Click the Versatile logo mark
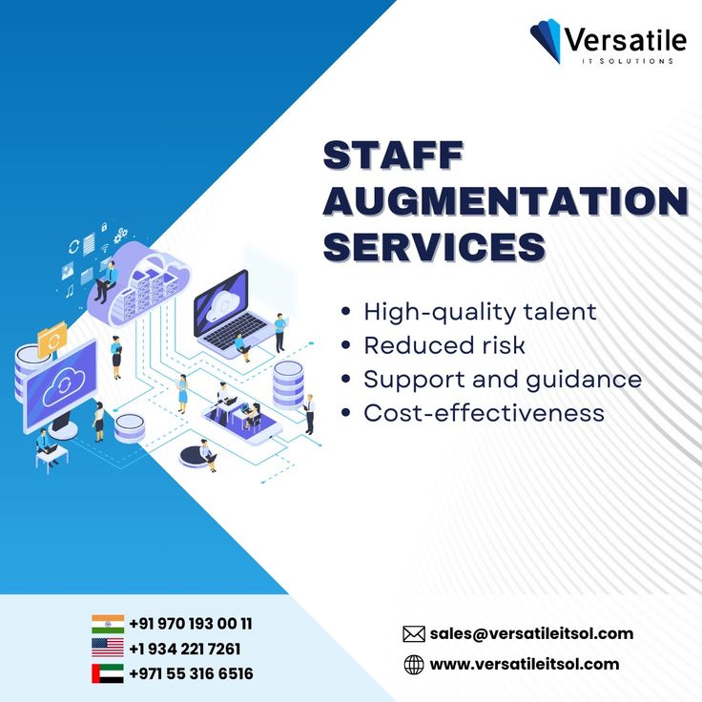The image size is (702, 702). (x=547, y=40)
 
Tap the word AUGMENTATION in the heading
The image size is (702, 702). (x=506, y=201)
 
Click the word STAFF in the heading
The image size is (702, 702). (x=393, y=155)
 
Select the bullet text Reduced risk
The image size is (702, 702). (x=444, y=345)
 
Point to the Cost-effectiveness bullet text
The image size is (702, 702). (x=484, y=413)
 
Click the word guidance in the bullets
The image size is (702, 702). (x=584, y=381)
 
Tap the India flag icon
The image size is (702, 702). (x=108, y=624)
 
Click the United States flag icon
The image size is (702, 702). (x=108, y=648)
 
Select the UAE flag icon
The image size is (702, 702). (x=108, y=673)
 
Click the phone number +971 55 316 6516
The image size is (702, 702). (x=191, y=673)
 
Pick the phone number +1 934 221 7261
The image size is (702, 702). (x=184, y=649)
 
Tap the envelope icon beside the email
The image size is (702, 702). (x=414, y=634)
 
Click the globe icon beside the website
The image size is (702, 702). (x=414, y=665)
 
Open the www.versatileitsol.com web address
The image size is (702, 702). (x=525, y=664)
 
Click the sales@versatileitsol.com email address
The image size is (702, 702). (x=531, y=633)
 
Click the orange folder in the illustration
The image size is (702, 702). (x=52, y=339)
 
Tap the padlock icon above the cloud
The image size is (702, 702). (x=104, y=227)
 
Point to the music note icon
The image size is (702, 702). (x=70, y=292)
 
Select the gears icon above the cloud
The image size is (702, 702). (x=120, y=235)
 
